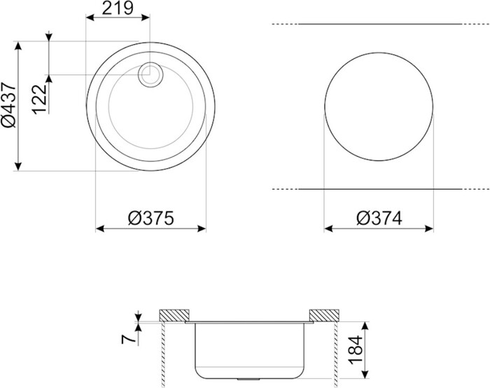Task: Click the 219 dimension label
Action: (x=118, y=8)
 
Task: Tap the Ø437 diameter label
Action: (x=9, y=105)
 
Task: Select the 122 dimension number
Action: (x=40, y=99)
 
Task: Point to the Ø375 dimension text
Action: (x=150, y=218)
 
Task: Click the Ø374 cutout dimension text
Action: (x=379, y=219)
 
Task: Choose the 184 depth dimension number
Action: (x=356, y=350)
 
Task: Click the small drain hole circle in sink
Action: (x=150, y=75)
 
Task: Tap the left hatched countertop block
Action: (x=174, y=315)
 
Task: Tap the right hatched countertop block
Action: (x=324, y=315)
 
